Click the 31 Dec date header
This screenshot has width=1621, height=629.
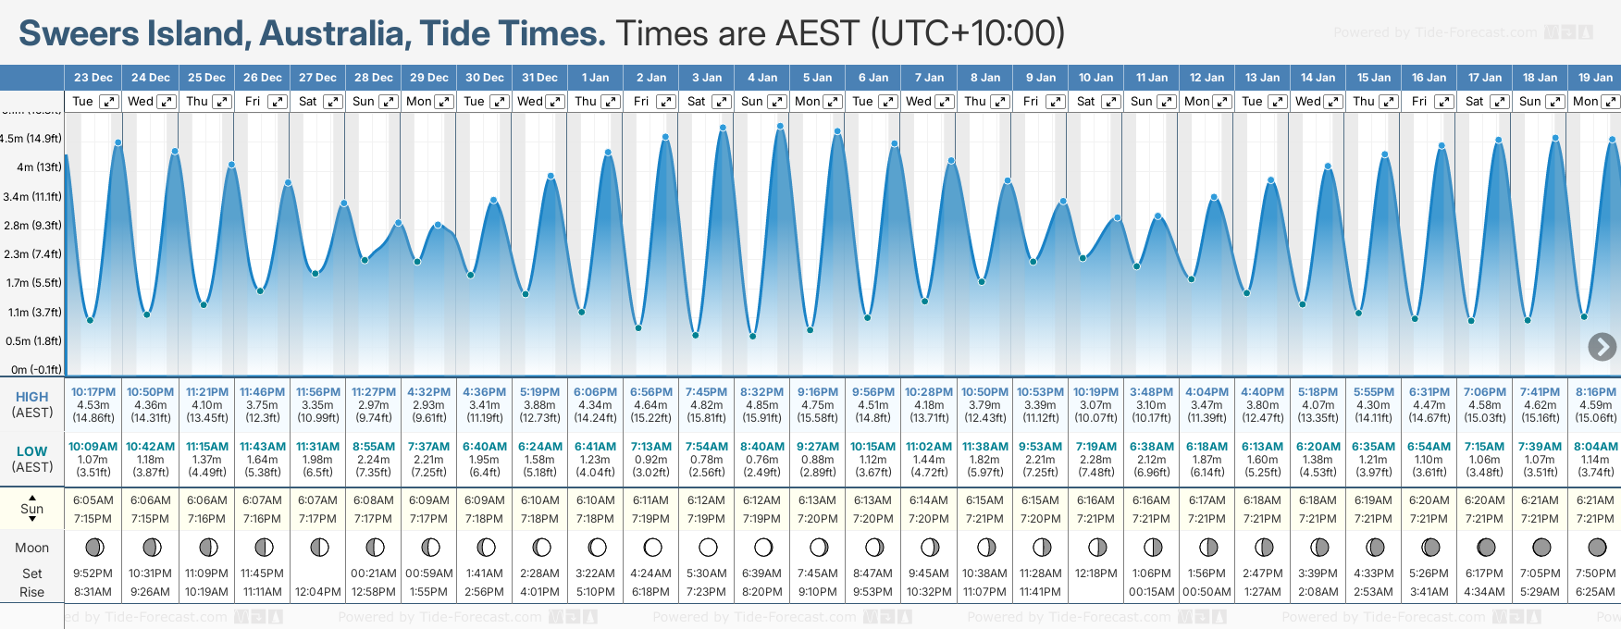click(x=539, y=78)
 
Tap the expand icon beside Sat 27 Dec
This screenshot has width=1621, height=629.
click(x=333, y=102)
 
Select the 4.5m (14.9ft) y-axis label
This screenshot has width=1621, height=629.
click(x=31, y=139)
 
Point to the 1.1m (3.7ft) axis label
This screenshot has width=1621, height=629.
click(x=34, y=313)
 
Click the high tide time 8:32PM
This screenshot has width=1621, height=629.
click(x=761, y=392)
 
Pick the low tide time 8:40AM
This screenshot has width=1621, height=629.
click(x=761, y=447)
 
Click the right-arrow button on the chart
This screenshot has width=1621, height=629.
click(x=1602, y=347)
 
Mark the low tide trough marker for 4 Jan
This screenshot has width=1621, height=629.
click(x=753, y=336)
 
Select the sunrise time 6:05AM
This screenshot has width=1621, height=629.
click(x=93, y=500)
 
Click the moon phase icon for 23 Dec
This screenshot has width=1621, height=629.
click(x=94, y=547)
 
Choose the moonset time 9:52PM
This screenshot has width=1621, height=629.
click(x=93, y=573)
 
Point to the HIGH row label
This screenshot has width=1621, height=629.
click(x=31, y=397)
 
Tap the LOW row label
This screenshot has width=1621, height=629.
click(x=31, y=451)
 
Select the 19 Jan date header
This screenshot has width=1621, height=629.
click(x=1596, y=78)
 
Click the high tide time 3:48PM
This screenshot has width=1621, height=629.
click(x=1151, y=392)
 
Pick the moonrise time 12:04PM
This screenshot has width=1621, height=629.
click(x=317, y=592)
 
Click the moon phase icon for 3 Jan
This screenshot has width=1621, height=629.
click(x=708, y=547)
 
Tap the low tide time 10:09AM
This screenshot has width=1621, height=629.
click(x=93, y=447)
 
